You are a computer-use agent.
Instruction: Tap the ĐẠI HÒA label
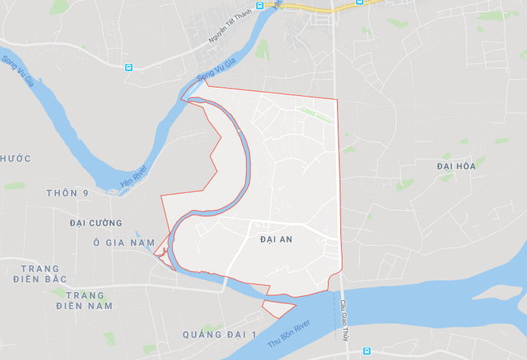point(456,166)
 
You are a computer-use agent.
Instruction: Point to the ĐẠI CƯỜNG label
point(96,223)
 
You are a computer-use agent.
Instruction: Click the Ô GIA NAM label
point(121,243)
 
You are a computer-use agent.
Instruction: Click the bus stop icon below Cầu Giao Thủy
point(367,350)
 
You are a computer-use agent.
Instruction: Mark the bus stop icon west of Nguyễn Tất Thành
point(129,67)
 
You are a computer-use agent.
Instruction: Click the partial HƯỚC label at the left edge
point(16,158)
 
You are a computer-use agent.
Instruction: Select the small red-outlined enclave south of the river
point(278,306)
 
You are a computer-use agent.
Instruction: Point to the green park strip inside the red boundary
point(316,116)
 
